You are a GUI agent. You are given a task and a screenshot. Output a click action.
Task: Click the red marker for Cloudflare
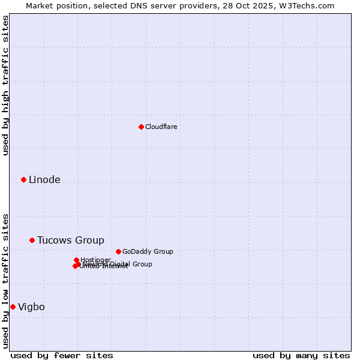pos(141,127)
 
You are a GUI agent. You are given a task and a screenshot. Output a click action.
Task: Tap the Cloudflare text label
pos(161,127)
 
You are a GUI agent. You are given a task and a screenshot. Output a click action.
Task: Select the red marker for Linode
pos(24,179)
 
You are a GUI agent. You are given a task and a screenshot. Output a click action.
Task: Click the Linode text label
pos(44,180)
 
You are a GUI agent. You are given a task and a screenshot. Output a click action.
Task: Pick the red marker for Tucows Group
pos(32,240)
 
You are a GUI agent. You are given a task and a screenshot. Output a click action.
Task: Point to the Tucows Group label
pos(70,241)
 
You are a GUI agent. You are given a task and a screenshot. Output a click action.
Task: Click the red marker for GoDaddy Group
pos(118,251)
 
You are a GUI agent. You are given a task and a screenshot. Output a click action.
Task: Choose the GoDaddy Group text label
pos(148,251)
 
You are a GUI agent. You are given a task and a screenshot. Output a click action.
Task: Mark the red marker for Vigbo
pos(13,307)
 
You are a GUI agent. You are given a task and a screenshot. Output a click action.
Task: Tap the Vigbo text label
pos(31,307)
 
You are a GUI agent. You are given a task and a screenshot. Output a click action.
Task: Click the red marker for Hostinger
pos(77,260)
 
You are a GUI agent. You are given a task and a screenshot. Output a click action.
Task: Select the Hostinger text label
pos(95,260)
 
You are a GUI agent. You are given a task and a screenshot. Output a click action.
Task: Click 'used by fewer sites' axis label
pos(62,355)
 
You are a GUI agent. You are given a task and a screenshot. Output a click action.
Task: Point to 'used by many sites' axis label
pos(301,355)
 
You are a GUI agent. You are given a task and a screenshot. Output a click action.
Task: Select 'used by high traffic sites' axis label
pos(5,86)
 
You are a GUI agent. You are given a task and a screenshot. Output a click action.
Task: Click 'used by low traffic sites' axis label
pos(5,280)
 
